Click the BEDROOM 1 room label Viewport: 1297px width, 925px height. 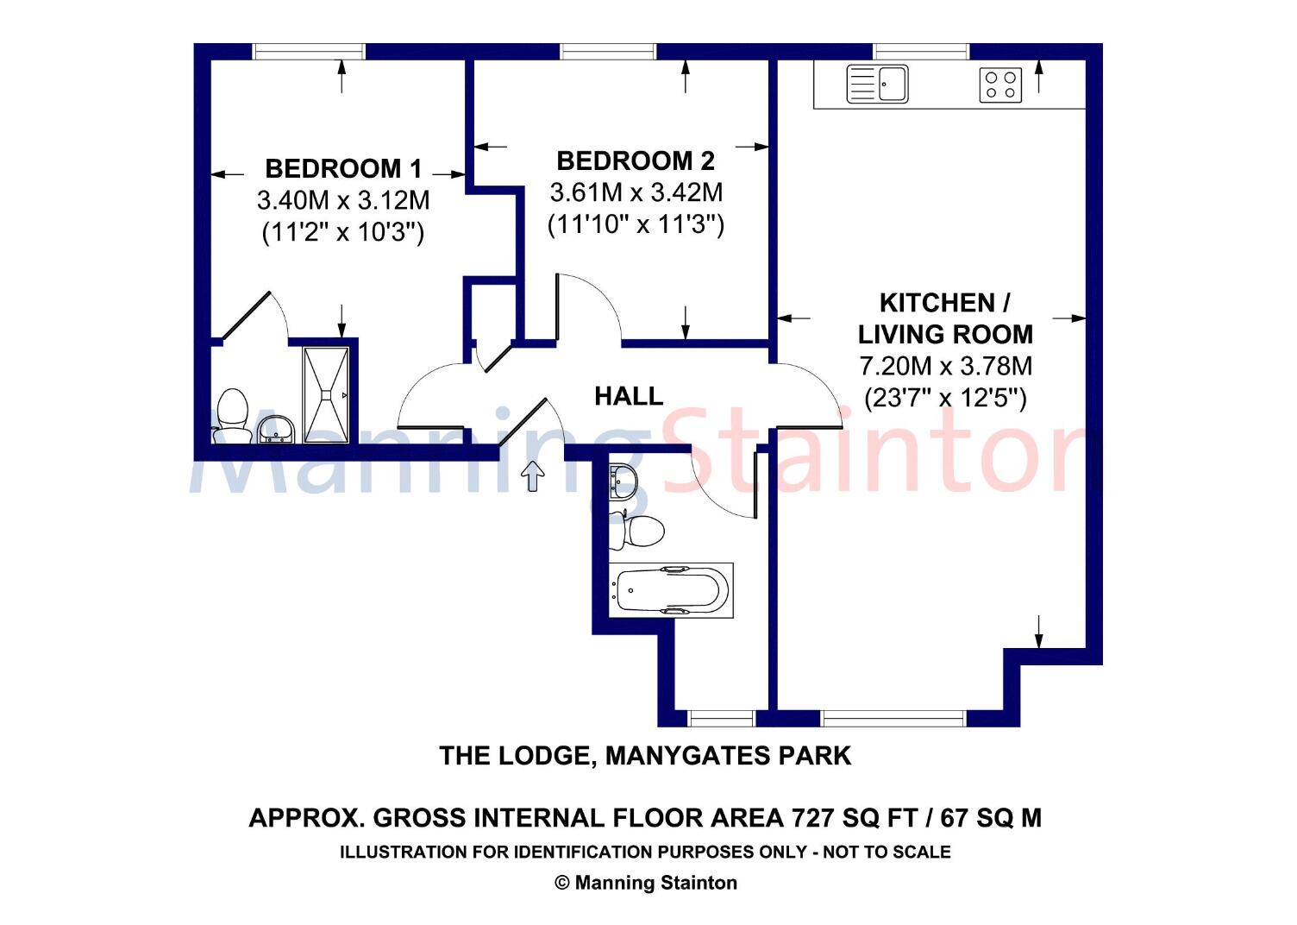[343, 168]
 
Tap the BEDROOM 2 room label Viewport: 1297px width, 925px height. [636, 161]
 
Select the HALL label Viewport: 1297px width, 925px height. [629, 397]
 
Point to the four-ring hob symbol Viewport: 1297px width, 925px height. [1000, 85]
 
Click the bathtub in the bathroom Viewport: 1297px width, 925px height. [671, 591]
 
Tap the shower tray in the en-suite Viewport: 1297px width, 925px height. [326, 395]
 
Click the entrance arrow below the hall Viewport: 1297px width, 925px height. [534, 475]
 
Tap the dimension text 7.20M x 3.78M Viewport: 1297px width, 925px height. [945, 366]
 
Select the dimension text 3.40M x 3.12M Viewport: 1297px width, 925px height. [343, 201]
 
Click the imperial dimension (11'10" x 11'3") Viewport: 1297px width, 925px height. [636, 225]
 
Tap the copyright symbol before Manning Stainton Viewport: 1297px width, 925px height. [562, 883]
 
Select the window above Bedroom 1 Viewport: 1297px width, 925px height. [309, 52]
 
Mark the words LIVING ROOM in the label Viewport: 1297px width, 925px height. [945, 334]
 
